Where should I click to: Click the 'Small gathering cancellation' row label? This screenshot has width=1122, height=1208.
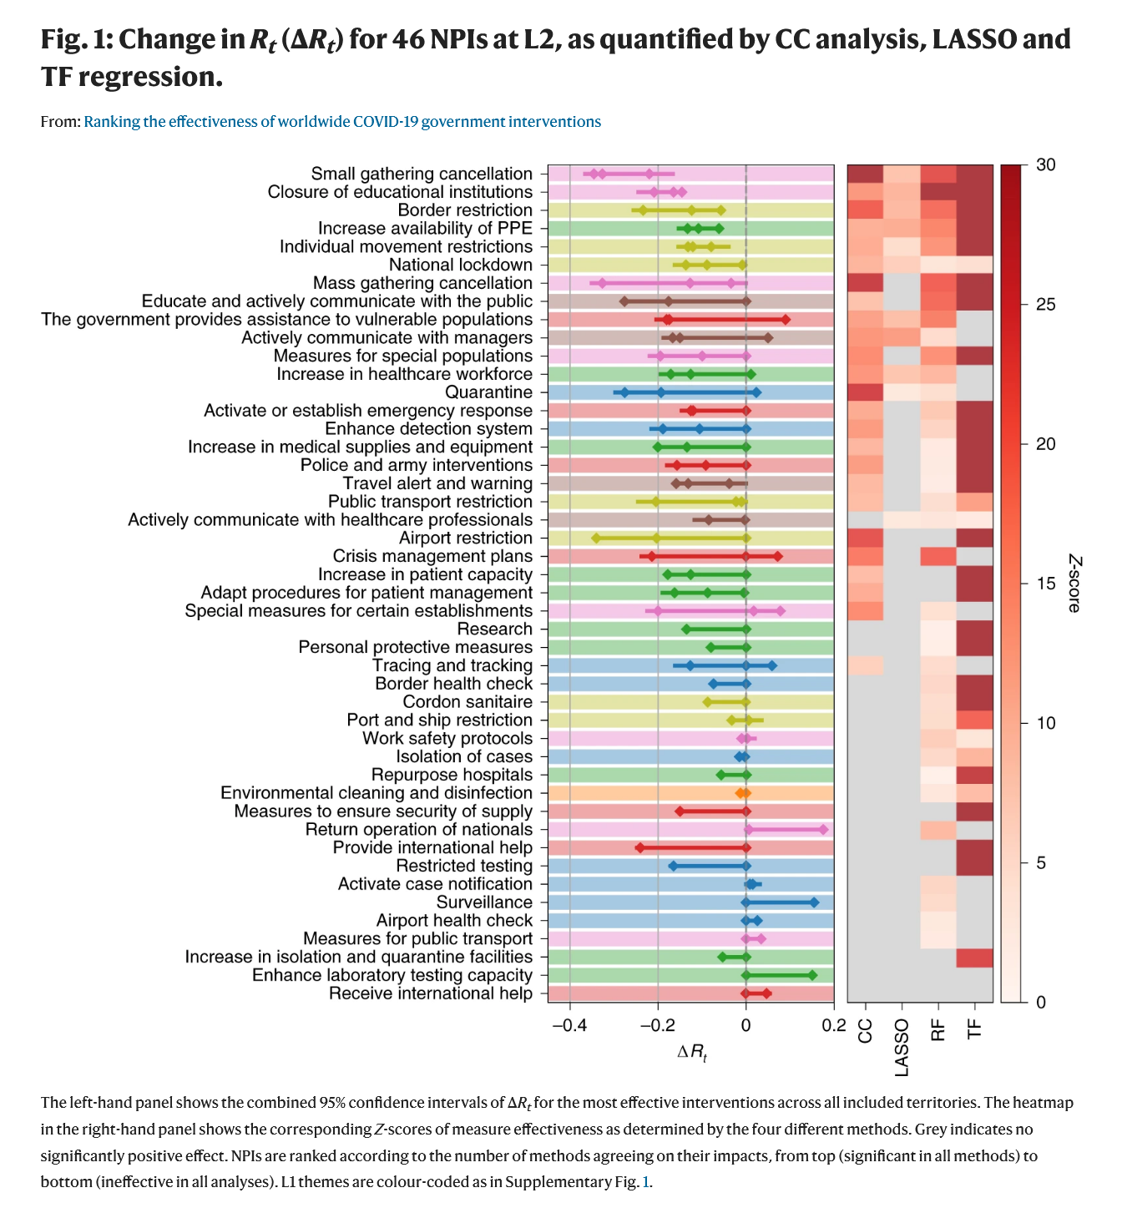422,174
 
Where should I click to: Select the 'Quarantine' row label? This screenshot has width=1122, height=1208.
488,392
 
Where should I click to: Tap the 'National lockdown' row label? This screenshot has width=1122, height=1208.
461,265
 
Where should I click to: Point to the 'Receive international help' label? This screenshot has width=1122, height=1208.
430,993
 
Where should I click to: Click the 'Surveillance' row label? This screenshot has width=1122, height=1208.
484,902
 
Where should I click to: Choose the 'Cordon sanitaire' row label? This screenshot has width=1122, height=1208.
467,702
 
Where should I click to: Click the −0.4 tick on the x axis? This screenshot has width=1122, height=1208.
569,1025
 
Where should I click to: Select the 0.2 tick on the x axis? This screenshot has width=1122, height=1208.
833,1025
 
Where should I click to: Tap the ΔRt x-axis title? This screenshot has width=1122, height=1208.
692,1053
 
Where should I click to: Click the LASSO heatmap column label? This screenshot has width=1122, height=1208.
902,1047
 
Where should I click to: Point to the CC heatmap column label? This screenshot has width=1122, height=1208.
865,1031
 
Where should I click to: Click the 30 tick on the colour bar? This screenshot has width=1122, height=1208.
1045,165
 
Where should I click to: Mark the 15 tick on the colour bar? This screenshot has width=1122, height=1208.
1045,584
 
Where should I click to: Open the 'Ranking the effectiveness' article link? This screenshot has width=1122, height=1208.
342,122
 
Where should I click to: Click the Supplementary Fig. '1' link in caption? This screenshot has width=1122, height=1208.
644,1183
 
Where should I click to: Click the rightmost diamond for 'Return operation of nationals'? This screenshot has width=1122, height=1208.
823,830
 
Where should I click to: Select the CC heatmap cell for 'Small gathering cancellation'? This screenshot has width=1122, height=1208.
865,174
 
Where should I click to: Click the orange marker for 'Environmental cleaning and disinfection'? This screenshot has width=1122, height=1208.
743,793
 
